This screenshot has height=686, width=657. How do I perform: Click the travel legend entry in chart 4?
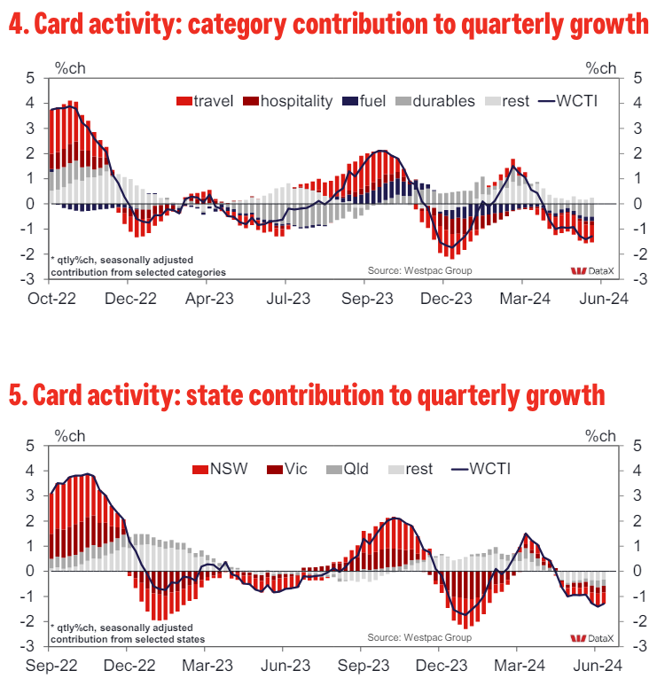[x=205, y=101]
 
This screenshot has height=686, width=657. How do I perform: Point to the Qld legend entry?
[x=347, y=468]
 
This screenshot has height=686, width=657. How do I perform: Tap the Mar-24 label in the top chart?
[x=525, y=299]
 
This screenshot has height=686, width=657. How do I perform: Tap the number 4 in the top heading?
[x=15, y=26]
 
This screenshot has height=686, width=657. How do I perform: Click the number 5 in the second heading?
[x=15, y=395]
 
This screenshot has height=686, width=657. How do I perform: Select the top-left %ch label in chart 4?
[x=68, y=67]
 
